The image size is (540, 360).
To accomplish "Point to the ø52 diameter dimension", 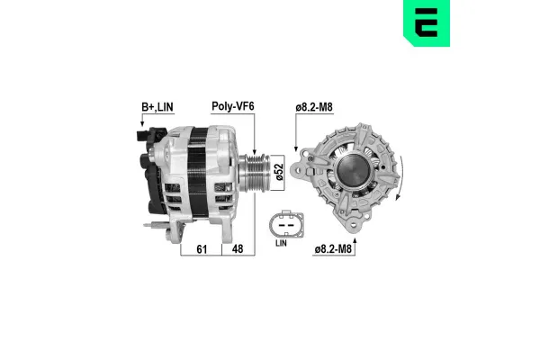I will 279,170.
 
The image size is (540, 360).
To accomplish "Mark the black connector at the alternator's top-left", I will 137,138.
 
